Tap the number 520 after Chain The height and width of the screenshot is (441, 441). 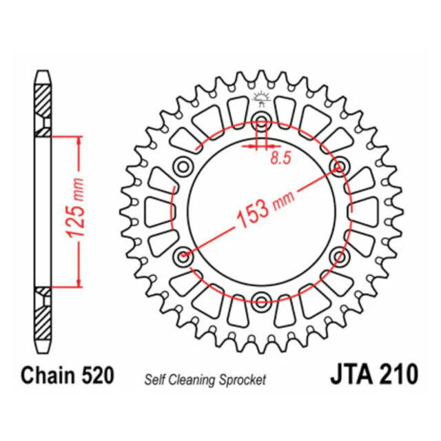pyautogui.click(x=98, y=375)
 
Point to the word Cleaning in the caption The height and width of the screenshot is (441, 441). pyautogui.click(x=192, y=380)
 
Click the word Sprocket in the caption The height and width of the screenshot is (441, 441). pyautogui.click(x=243, y=380)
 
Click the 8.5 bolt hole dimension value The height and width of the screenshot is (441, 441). pyautogui.click(x=280, y=158)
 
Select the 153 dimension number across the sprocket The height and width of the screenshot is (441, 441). pyautogui.click(x=253, y=214)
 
